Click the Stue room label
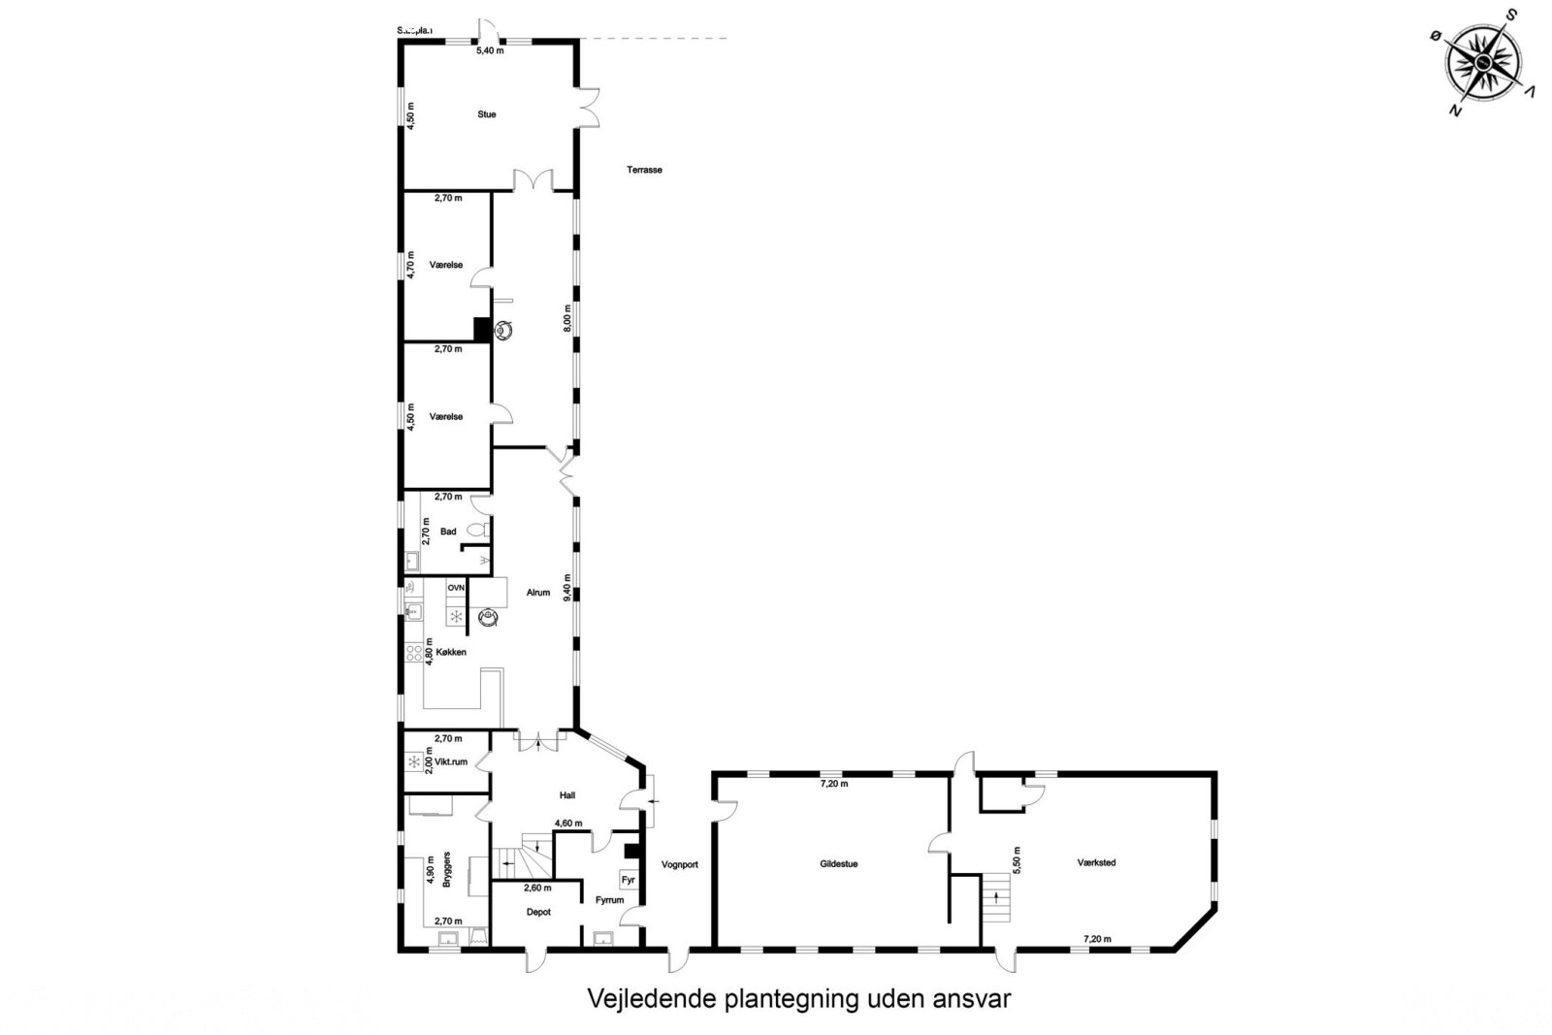click(486, 114)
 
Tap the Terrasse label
click(644, 170)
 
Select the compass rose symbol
click(1483, 61)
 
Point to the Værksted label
click(1096, 861)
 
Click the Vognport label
click(679, 863)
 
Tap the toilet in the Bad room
click(475, 531)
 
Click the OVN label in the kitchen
click(456, 588)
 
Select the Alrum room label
click(538, 592)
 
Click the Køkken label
click(449, 652)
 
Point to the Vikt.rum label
click(451, 761)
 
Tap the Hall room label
click(567, 795)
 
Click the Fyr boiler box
click(628, 880)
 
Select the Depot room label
click(538, 912)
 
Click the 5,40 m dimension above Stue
click(489, 50)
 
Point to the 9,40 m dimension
click(568, 589)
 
